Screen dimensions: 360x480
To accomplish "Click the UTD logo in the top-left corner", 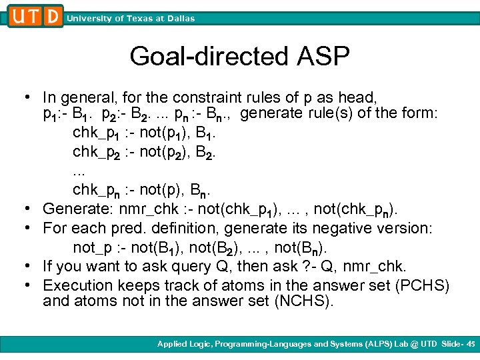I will (35, 16).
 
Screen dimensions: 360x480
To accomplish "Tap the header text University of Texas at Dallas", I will (131, 19).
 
